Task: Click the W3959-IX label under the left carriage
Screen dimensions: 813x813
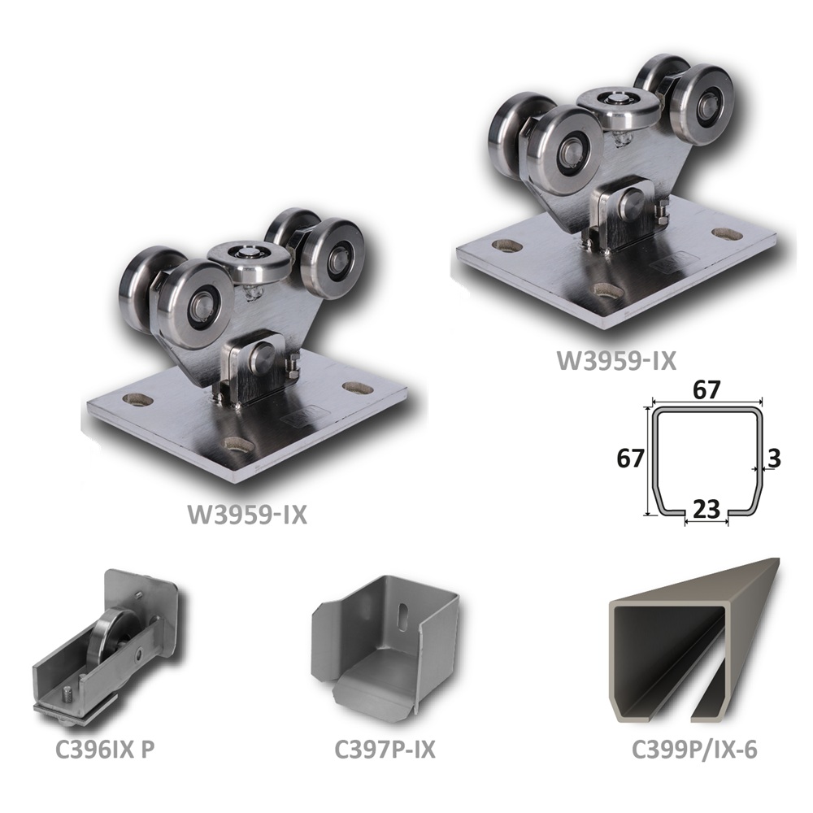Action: pyautogui.click(x=247, y=515)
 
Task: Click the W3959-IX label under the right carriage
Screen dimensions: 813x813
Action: pyautogui.click(x=616, y=362)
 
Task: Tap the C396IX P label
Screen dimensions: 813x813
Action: pyautogui.click(x=105, y=750)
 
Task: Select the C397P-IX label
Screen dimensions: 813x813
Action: pyautogui.click(x=385, y=750)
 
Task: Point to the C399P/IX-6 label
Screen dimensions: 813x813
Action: pyautogui.click(x=694, y=750)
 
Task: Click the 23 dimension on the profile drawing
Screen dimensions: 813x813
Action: pyautogui.click(x=706, y=511)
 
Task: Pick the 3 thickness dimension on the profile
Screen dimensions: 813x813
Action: pyautogui.click(x=773, y=459)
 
